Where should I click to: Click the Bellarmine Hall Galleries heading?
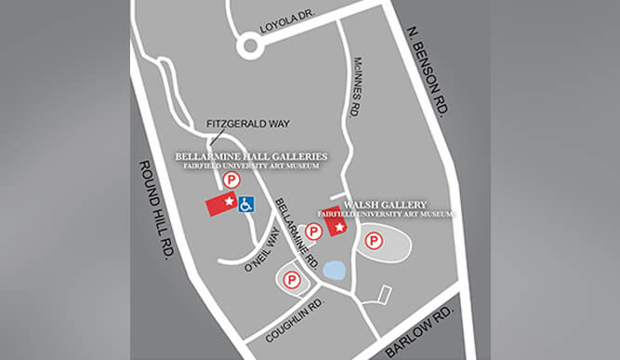pos(251,155)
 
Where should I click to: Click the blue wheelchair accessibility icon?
pos(246,204)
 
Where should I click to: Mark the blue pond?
pos(334,270)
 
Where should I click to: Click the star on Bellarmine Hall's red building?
pos(227,202)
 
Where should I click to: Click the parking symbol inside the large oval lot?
pos(374,242)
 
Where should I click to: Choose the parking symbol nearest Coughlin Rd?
pos(291,277)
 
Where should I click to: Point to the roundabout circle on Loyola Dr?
pos(250,45)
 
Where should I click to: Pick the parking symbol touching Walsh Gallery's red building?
pos(314,230)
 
